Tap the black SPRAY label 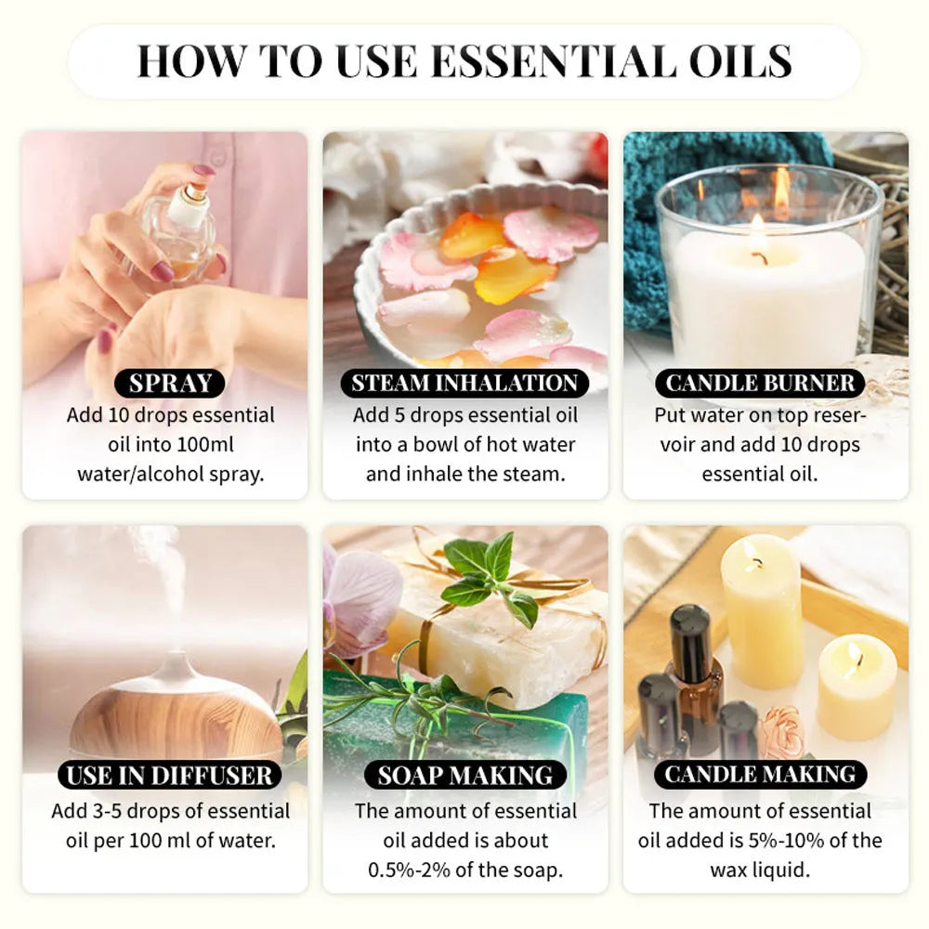(x=170, y=383)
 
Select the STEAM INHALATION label (x=464, y=383)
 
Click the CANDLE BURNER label (x=760, y=383)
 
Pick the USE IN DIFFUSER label (x=170, y=776)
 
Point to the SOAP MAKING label (x=464, y=776)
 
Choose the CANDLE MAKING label (x=760, y=776)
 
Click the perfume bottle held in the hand (x=181, y=232)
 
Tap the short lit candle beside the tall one (x=857, y=674)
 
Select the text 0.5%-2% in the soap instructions (x=422, y=870)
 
